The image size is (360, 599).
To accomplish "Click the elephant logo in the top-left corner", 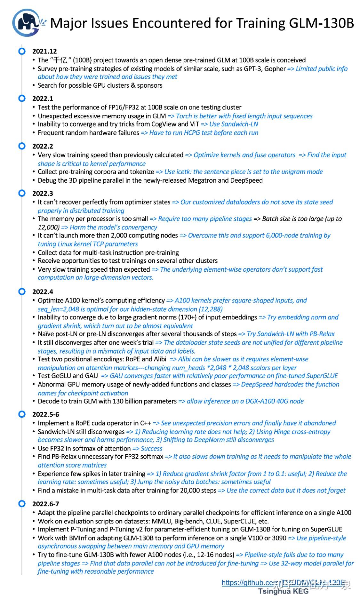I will pyautogui.click(x=26, y=23).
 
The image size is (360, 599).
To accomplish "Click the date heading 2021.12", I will pyautogui.click(x=44, y=51).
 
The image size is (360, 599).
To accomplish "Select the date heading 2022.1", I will pyautogui.click(x=43, y=99).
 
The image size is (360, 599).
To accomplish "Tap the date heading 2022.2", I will pyautogui.click(x=43, y=146).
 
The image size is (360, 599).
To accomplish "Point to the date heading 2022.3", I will pyautogui.click(x=43, y=193).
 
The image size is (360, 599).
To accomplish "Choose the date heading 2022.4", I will pyautogui.click(x=43, y=292).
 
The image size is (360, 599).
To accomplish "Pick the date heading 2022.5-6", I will pyautogui.click(x=46, y=414).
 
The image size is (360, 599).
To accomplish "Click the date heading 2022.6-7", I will pyautogui.click(x=46, y=504).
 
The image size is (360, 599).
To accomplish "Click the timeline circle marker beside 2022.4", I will pyautogui.click(x=22, y=292).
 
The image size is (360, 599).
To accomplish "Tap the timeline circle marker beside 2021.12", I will pyautogui.click(x=22, y=51).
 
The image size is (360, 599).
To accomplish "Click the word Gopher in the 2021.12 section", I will pyautogui.click(x=275, y=69).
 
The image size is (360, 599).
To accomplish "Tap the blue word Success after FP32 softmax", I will pyautogui.click(x=151, y=449).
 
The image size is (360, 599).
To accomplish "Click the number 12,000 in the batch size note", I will pyautogui.click(x=48, y=227).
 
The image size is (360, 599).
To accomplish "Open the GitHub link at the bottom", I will pyautogui.click(x=284, y=583).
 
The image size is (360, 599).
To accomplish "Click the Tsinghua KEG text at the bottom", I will pyautogui.click(x=284, y=591).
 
